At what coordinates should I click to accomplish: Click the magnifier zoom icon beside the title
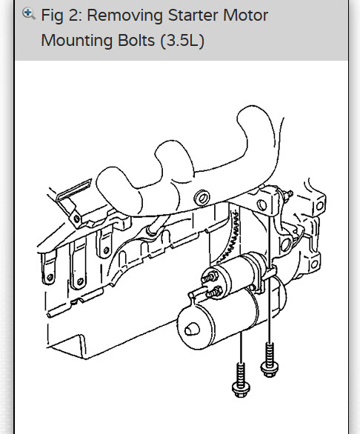click(29, 13)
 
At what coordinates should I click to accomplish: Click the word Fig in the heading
click(52, 16)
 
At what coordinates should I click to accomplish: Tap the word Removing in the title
click(124, 16)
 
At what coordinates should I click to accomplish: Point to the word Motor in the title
click(245, 16)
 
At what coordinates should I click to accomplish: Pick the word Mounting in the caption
click(77, 41)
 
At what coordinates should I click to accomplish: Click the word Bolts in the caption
click(136, 41)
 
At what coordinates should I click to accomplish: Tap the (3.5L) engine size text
click(182, 41)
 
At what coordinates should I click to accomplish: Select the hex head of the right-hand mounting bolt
click(269, 369)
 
